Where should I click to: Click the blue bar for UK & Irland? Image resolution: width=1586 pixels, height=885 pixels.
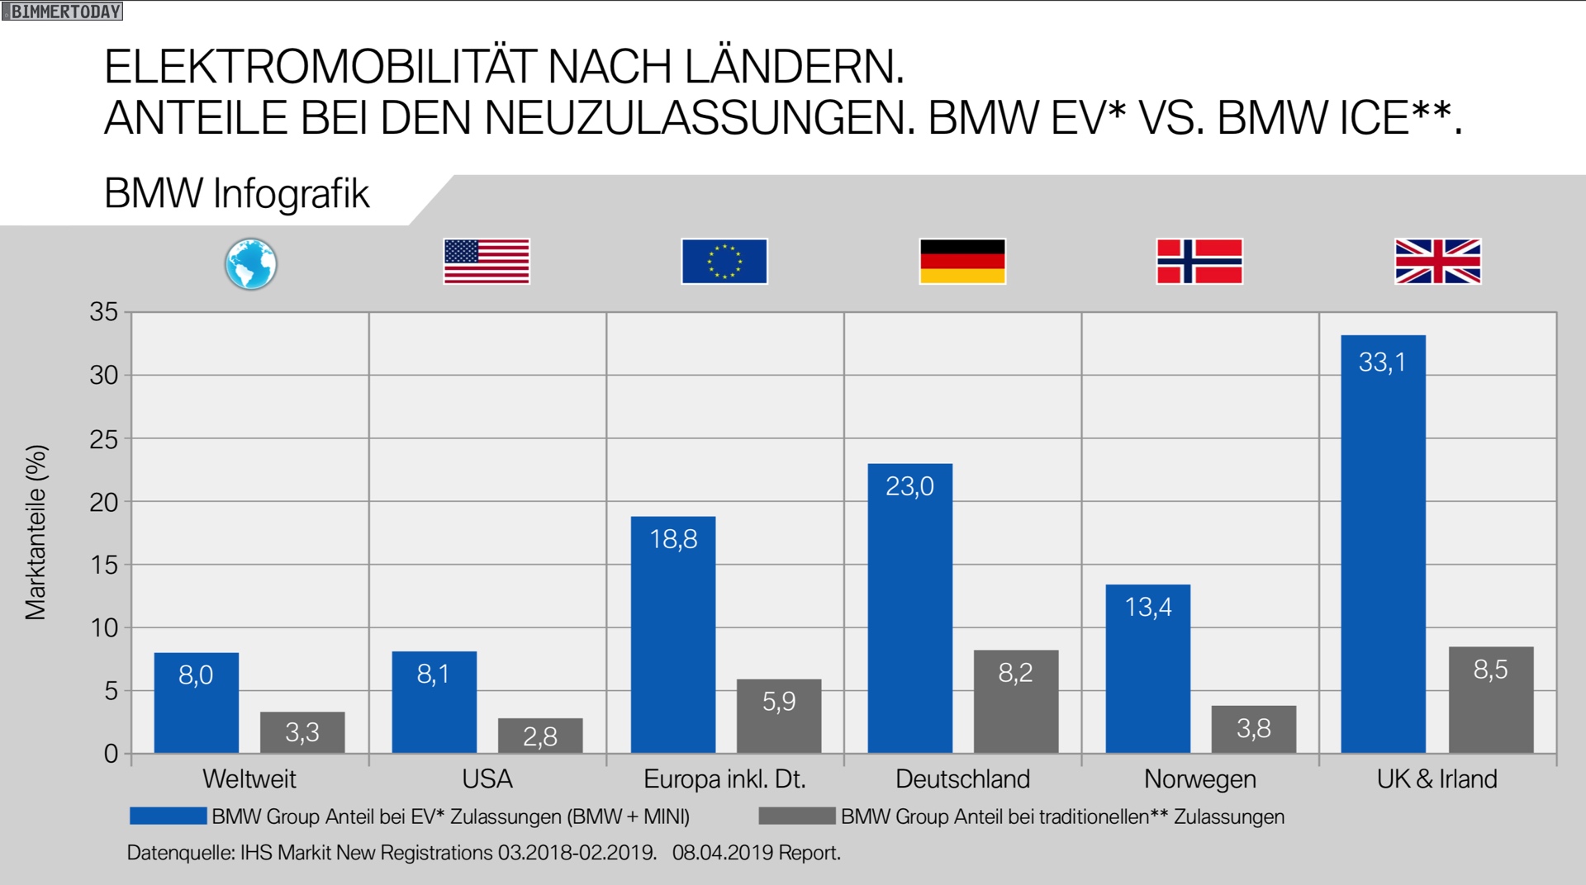[1383, 545]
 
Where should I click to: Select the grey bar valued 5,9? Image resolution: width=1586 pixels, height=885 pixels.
[779, 716]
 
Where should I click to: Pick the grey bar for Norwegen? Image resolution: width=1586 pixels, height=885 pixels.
[1253, 729]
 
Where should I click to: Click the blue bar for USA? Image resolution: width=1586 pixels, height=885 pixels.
[434, 703]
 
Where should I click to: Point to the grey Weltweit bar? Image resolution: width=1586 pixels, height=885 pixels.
[302, 732]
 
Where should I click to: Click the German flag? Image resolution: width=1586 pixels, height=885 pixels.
[962, 261]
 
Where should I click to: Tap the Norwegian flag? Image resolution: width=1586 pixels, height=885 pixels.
[1199, 261]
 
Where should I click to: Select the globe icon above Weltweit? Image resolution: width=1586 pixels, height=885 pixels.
[250, 264]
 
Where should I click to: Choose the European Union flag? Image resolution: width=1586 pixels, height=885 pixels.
[724, 261]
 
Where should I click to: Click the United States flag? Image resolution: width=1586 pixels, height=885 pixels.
[487, 261]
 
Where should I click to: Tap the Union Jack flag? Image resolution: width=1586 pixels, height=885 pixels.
[1437, 261]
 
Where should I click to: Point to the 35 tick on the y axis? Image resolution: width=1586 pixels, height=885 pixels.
[104, 312]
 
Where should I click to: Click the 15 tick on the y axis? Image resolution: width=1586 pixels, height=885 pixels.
[104, 565]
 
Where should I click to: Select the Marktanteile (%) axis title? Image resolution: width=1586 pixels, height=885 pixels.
[36, 532]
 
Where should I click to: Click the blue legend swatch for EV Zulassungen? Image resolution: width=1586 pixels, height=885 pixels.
[168, 816]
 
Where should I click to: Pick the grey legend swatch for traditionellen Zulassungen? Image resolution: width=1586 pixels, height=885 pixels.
[796, 816]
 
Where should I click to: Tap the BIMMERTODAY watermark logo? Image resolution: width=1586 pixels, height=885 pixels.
[63, 12]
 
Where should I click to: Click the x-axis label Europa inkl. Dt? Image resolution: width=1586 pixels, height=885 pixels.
[724, 779]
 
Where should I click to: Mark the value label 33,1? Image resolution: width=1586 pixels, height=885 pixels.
[1382, 362]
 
